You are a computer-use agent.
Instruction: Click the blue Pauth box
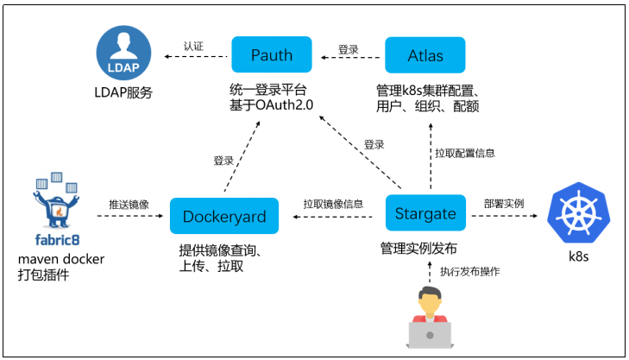point(272,56)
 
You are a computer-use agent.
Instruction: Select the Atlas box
point(425,56)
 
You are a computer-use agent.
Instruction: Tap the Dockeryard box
point(223,217)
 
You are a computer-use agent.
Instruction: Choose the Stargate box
point(425,213)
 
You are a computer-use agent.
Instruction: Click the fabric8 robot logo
point(56,207)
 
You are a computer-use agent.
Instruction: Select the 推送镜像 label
point(128,205)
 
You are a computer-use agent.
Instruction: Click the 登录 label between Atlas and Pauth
point(349,50)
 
